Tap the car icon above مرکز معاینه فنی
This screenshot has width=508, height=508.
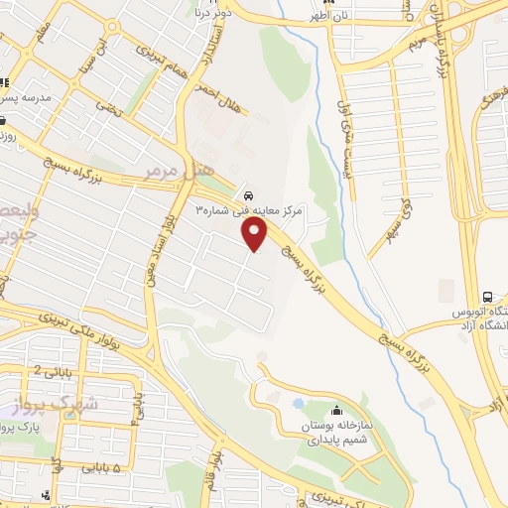247,194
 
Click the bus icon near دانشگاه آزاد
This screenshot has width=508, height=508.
487,297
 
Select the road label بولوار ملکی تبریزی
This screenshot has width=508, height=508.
100,327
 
